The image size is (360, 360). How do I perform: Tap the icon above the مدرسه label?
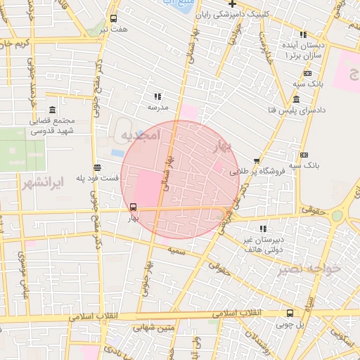[157, 96]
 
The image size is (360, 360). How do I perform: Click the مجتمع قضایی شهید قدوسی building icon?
[53, 110]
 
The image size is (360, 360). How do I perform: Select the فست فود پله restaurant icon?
[96, 167]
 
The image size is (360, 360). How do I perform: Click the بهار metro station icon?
[133, 207]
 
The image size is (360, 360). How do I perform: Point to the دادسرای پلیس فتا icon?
[297, 98]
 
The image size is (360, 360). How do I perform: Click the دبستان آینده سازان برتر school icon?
[303, 34]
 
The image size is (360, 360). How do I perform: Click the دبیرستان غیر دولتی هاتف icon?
[263, 229]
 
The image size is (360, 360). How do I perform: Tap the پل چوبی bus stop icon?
[290, 313]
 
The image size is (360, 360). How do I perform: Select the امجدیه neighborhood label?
[141, 134]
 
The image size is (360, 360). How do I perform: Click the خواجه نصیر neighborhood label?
[308, 269]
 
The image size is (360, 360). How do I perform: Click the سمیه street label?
[176, 250]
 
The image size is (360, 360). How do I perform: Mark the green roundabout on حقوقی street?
[338, 215]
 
